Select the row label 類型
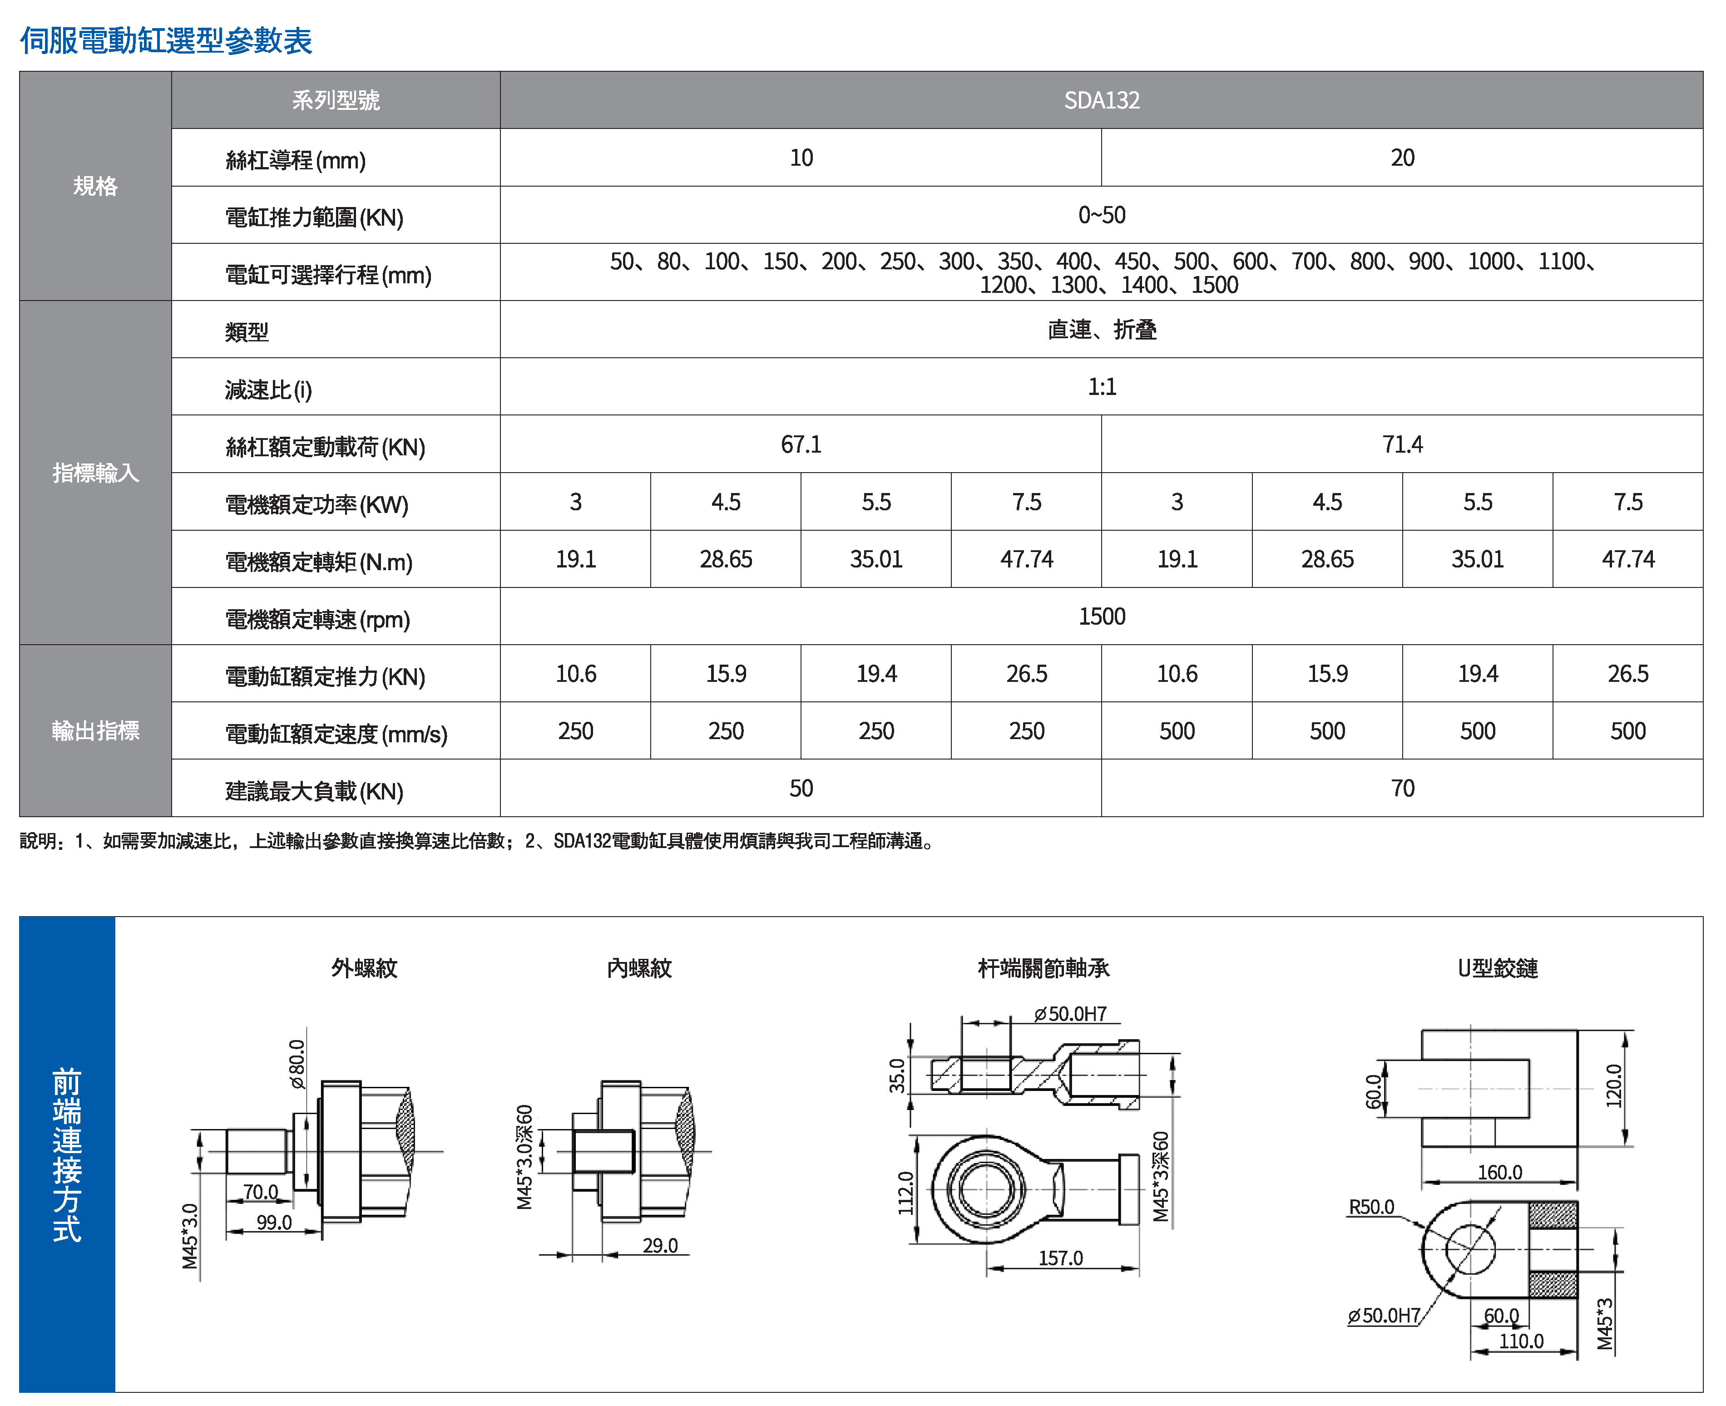point(247,332)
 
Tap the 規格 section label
point(95,186)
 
